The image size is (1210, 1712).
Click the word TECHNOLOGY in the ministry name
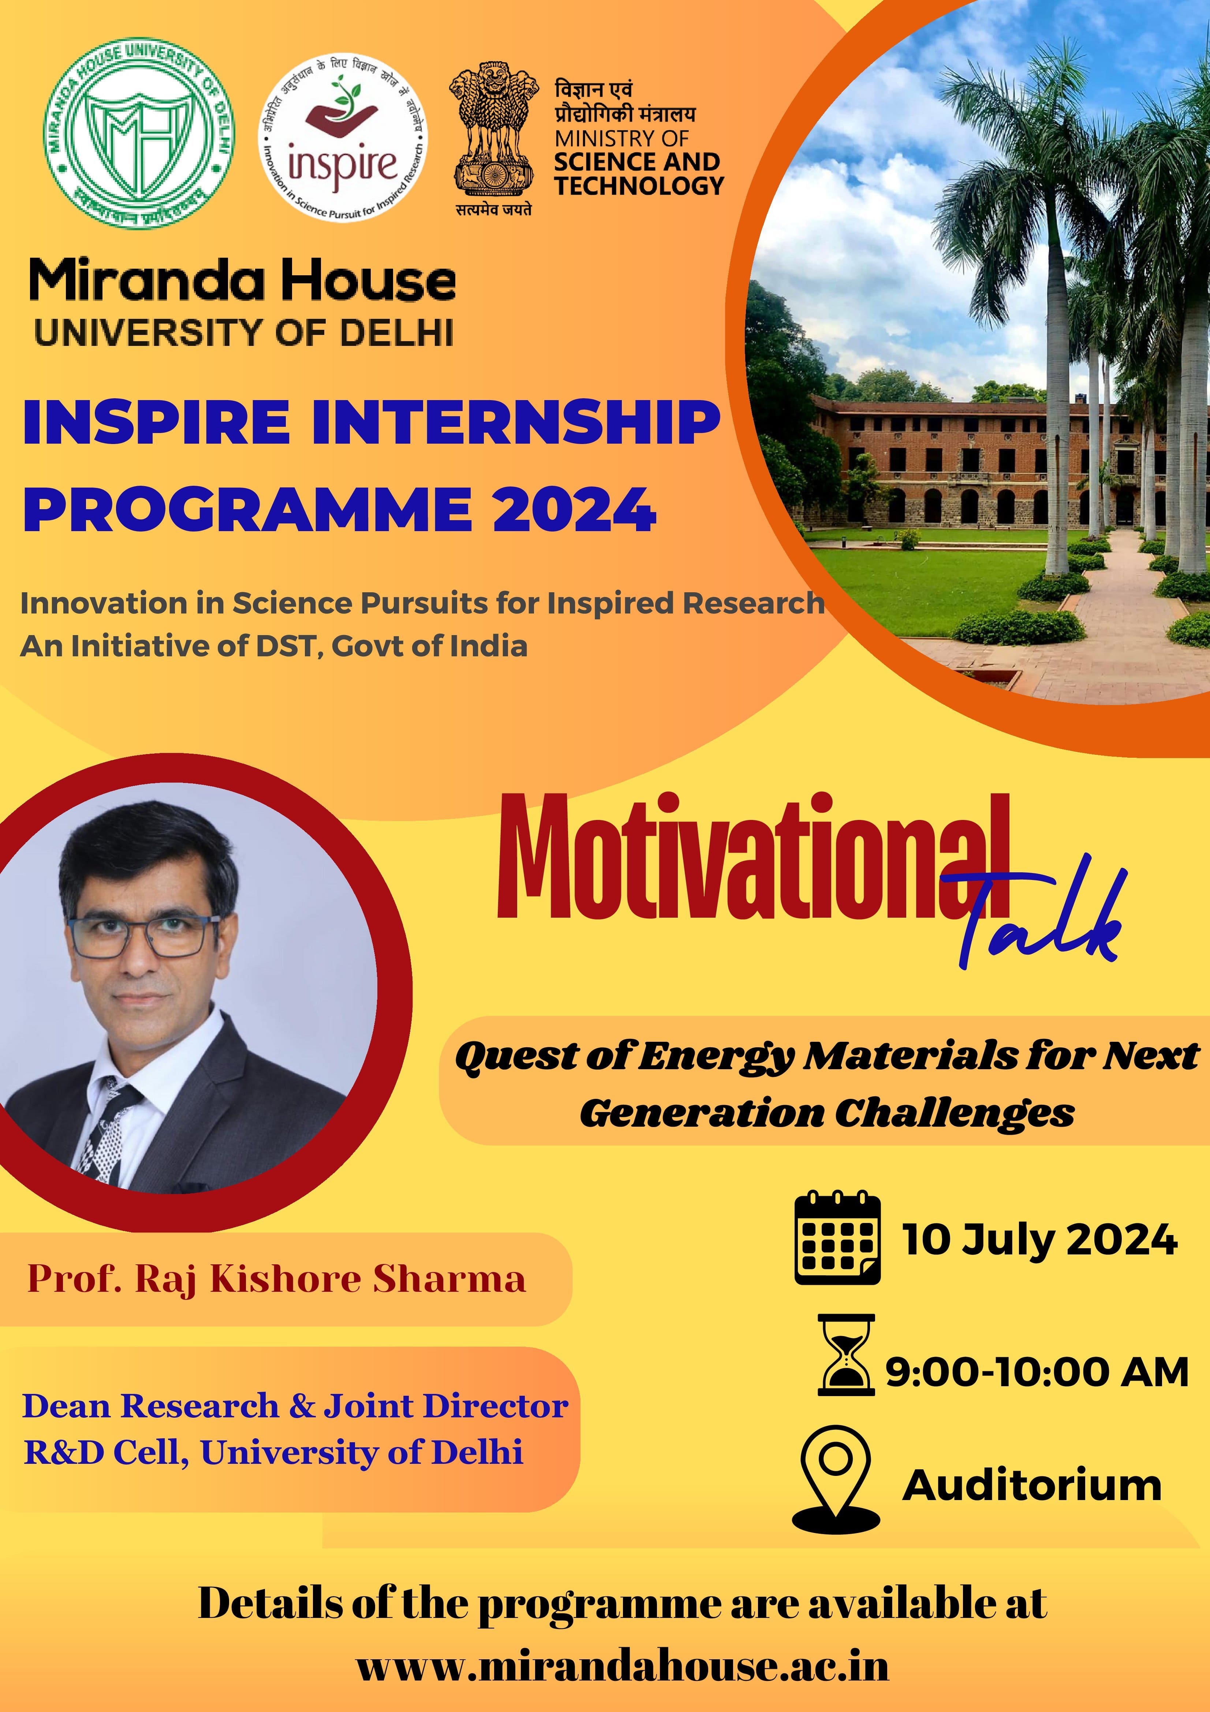point(639,186)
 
